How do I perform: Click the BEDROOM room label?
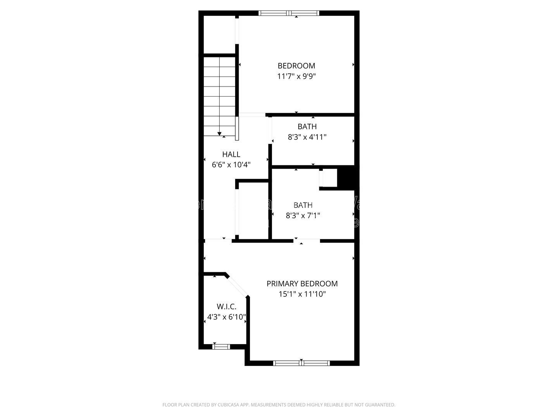pyautogui.click(x=296, y=66)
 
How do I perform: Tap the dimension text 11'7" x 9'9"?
pyautogui.click(x=296, y=76)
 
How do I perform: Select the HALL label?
pyautogui.click(x=231, y=154)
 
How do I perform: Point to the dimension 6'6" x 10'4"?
pyautogui.click(x=231, y=164)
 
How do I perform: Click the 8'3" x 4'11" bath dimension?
pyautogui.click(x=307, y=137)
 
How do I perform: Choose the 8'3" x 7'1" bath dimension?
pyautogui.click(x=303, y=215)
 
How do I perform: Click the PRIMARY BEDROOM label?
pyautogui.click(x=302, y=284)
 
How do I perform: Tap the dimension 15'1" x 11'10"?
pyautogui.click(x=302, y=294)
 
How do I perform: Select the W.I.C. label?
pyautogui.click(x=227, y=307)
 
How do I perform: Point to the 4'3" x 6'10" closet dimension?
pyautogui.click(x=227, y=317)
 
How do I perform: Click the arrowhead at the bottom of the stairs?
pyautogui.click(x=219, y=134)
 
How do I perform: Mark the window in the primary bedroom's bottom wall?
pyautogui.click(x=301, y=363)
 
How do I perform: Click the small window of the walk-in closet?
pyautogui.click(x=221, y=346)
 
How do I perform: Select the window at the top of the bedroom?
pyautogui.click(x=289, y=13)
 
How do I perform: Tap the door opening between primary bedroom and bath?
pyautogui.click(x=307, y=241)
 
